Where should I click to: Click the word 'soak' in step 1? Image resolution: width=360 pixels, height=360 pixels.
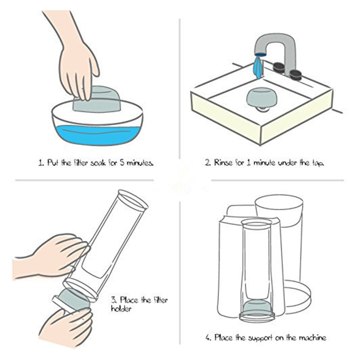pos(98,163)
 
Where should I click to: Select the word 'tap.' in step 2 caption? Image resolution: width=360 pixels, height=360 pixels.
pos(318,163)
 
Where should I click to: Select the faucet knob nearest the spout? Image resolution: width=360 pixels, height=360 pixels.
pos(279,67)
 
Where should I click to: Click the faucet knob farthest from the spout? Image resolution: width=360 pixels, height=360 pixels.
pos(295,75)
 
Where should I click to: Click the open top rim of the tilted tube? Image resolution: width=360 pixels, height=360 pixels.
pos(132,199)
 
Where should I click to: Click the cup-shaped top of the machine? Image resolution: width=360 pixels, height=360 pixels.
pos(279,208)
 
